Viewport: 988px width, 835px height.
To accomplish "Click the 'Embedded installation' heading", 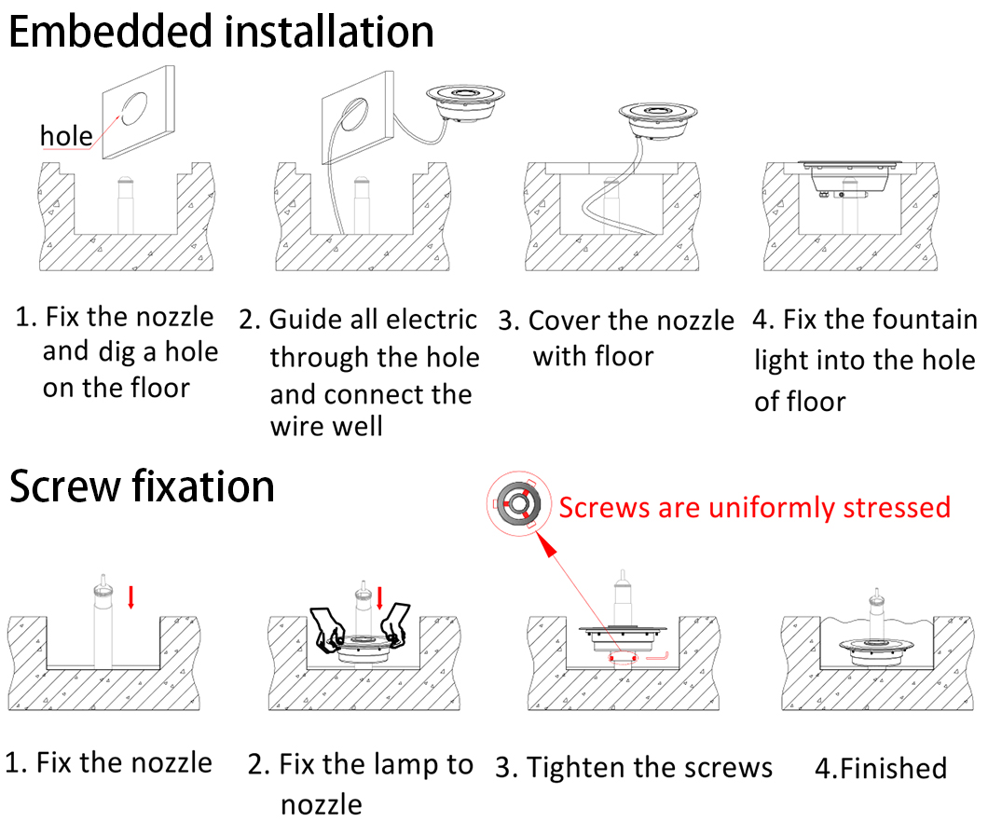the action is point(221,32).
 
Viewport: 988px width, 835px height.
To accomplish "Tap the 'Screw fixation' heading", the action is point(142,487).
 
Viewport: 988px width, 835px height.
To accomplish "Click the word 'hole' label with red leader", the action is point(66,135).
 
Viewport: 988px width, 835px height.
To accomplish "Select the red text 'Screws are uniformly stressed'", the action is point(755,508).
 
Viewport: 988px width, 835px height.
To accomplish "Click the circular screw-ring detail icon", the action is point(518,503).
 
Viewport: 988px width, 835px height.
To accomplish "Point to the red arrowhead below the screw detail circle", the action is point(546,546).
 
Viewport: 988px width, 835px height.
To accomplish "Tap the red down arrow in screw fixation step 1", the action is point(131,596).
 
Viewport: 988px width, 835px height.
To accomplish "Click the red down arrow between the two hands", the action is point(380,597).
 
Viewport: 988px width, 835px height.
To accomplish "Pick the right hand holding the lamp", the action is point(395,624).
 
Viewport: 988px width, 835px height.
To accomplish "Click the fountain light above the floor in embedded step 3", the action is point(658,120).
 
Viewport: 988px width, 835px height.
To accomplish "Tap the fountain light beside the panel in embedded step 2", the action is point(466,102).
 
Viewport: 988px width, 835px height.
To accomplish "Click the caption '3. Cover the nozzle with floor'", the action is point(615,338).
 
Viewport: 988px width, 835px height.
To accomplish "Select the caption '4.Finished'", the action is point(881,768).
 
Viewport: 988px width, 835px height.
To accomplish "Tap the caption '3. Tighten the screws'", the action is point(633,768).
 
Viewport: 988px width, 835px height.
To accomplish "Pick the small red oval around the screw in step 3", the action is point(624,659).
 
